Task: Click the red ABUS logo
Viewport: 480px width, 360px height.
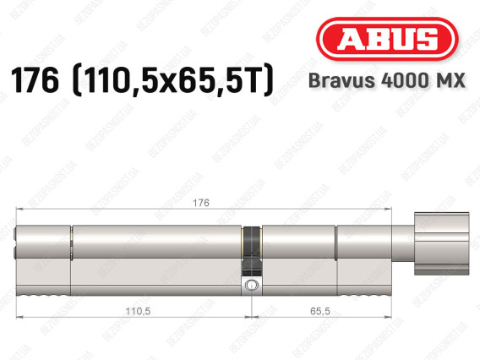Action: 387,39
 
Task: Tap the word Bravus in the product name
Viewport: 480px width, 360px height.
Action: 341,80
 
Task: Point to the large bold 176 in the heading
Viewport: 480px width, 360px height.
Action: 35,81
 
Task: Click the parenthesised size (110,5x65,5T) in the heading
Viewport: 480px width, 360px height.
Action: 173,81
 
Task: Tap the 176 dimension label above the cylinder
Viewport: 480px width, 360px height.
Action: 201,203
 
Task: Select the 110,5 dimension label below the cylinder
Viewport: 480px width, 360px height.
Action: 138,311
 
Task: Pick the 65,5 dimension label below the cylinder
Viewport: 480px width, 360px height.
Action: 320,311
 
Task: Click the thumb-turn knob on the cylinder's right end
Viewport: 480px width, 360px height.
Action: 441,243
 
